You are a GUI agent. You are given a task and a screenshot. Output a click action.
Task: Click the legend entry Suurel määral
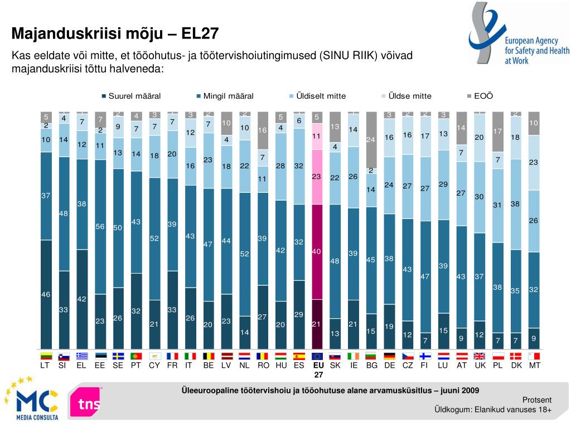pos(134,96)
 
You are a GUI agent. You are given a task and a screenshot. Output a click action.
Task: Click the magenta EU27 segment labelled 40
pos(316,251)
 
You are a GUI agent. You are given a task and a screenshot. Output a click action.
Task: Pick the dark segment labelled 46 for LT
pos(46,294)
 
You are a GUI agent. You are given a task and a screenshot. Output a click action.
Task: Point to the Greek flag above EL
pos(81,356)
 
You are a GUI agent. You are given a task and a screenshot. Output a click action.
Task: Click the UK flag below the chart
pos(480,356)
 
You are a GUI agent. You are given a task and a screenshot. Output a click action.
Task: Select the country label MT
pos(534,366)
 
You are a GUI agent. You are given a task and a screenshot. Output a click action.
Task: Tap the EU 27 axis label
pos(318,370)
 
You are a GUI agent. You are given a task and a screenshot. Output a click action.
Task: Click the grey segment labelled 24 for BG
pos(371,139)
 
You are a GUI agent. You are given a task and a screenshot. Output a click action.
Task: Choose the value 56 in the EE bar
pos(100,226)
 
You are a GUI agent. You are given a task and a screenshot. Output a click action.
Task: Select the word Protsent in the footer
pos(537,400)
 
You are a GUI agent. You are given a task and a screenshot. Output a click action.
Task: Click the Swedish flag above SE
pos(118,356)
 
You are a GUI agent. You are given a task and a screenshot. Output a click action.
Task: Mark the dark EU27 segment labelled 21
pos(316,324)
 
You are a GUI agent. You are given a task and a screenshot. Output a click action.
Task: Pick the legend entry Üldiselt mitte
pos(321,96)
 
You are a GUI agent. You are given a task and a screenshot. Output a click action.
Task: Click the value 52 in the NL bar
pos(244,254)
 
